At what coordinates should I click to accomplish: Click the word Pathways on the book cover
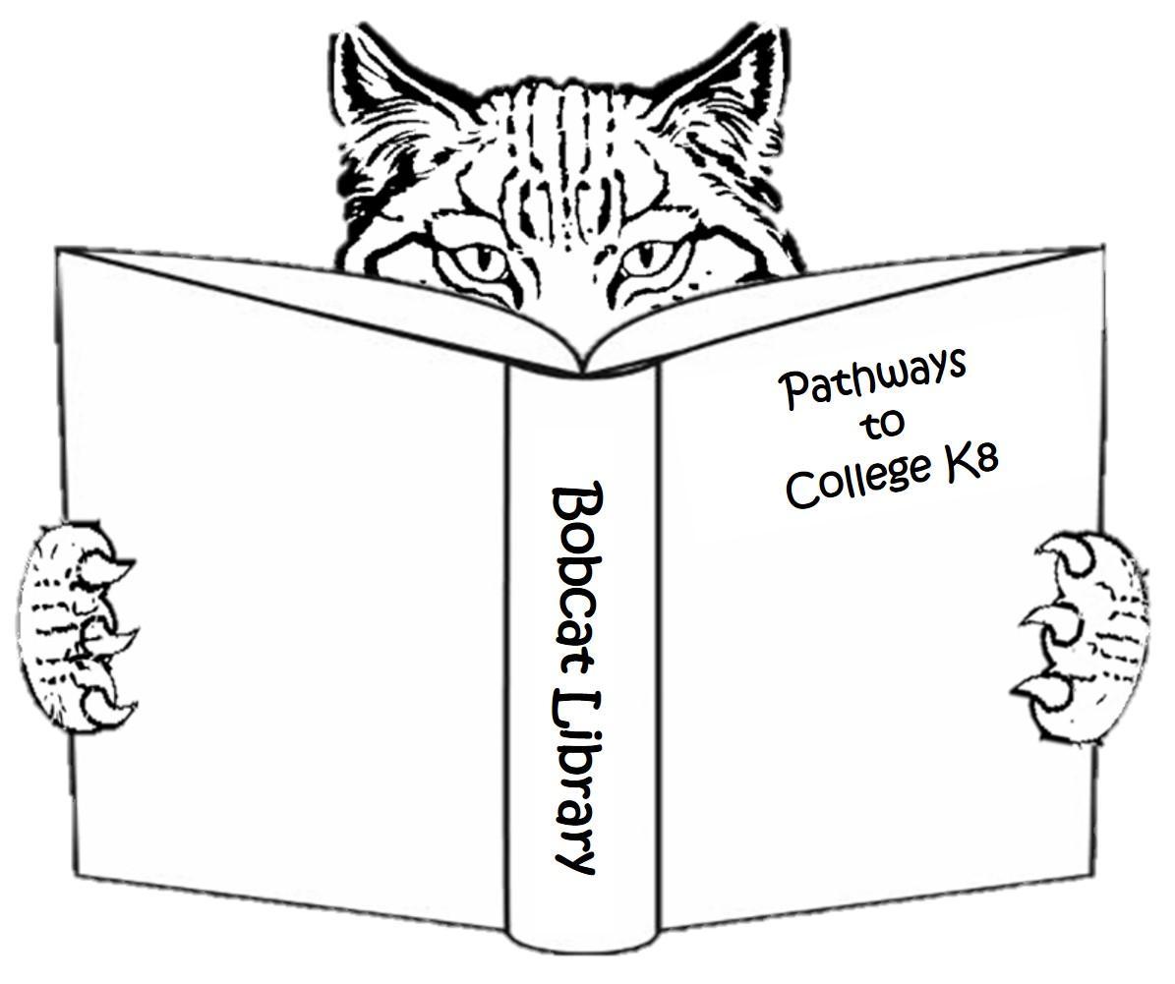[873, 378]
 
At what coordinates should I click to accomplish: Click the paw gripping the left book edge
[75, 624]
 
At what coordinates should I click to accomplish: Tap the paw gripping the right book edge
[1087, 639]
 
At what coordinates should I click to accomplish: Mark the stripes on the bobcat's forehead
[556, 147]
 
